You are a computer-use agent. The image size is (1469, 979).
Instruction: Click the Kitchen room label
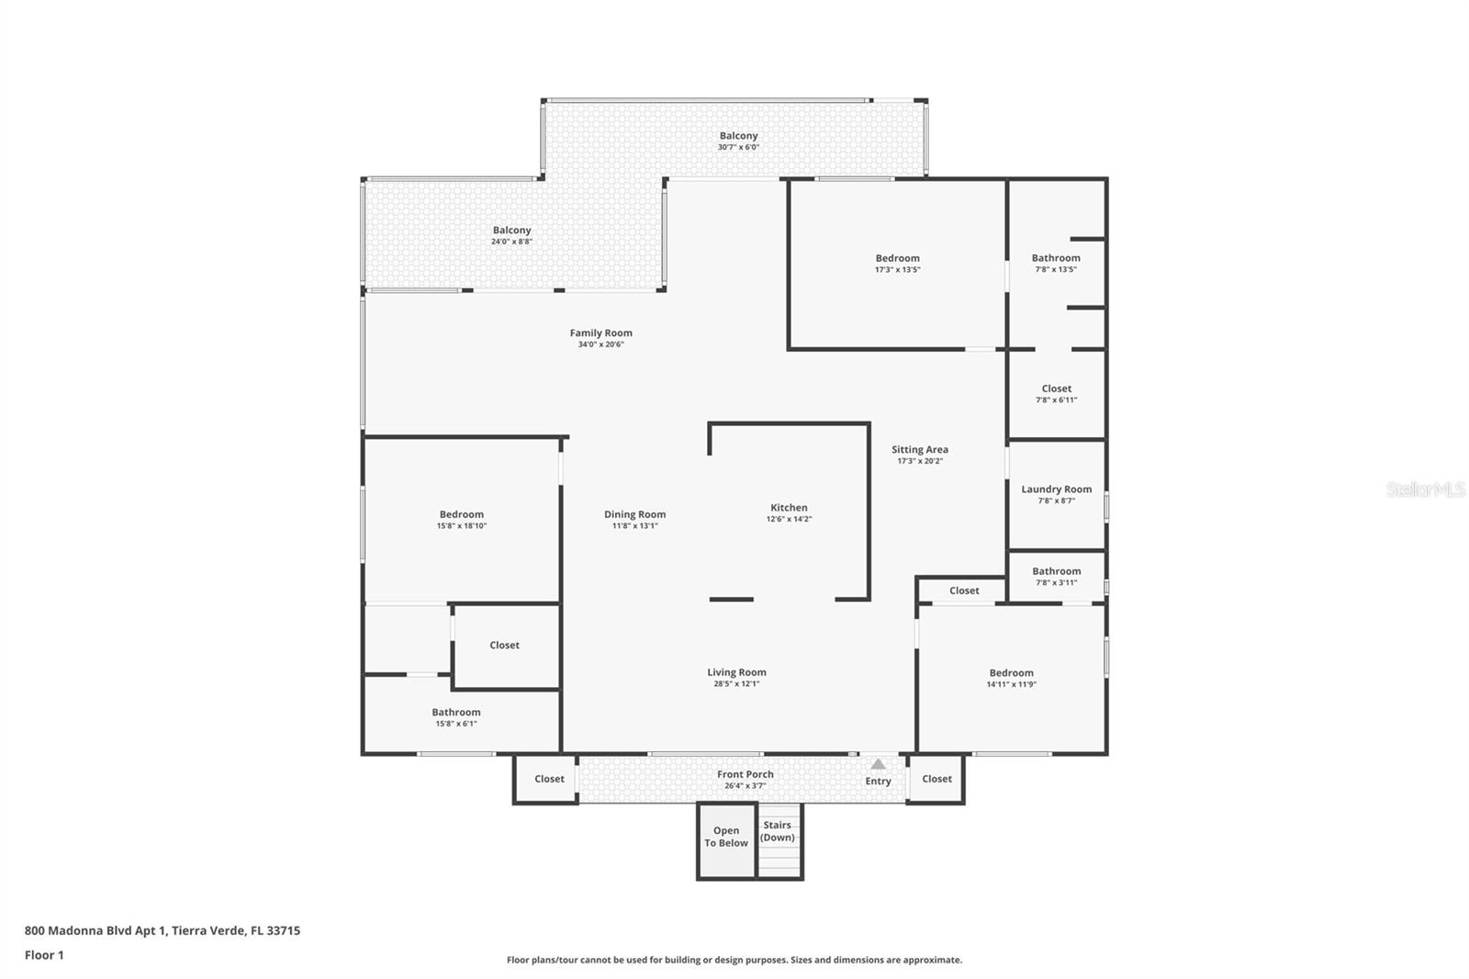(789, 508)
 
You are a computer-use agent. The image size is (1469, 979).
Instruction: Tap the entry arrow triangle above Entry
(878, 764)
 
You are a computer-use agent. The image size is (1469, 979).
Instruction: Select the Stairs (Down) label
(777, 831)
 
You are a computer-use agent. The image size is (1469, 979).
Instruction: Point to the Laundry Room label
(1056, 489)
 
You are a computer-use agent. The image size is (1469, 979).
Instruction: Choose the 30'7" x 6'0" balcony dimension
(738, 148)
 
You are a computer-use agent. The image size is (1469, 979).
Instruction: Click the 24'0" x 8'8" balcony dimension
(511, 242)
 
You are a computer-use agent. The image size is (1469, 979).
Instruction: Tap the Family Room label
(600, 333)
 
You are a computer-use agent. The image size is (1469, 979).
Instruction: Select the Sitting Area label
(919, 450)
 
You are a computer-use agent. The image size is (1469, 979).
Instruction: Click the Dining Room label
(634, 515)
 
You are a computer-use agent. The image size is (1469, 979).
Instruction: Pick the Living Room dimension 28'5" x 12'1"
(736, 684)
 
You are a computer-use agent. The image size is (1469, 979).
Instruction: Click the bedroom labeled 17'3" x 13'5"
(897, 264)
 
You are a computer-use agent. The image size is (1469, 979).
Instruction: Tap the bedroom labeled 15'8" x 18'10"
(461, 520)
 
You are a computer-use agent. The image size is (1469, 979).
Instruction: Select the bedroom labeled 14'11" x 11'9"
(1011, 678)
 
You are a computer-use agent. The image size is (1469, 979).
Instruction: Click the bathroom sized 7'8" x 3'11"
(1056, 576)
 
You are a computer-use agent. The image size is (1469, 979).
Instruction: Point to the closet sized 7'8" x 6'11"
(1056, 394)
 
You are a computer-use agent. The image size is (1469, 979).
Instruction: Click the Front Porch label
(745, 774)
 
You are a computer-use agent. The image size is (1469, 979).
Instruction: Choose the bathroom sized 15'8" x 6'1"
(456, 717)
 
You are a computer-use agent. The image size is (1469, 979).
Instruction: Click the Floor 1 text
(44, 955)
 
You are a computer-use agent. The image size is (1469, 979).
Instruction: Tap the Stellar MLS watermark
(1425, 489)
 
